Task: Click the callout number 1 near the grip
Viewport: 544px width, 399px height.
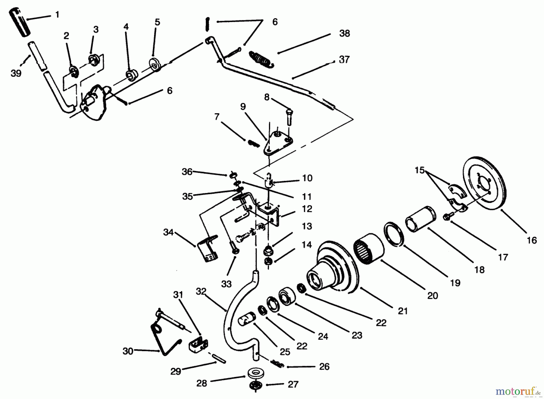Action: pos(57,14)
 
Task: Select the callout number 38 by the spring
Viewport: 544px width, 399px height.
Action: pos(344,33)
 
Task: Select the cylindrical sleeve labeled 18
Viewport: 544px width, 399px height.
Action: pos(421,219)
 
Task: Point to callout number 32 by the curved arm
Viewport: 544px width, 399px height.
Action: pos(201,291)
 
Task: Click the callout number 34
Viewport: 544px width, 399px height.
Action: pos(168,232)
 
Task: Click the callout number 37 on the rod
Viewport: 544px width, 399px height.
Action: pos(344,60)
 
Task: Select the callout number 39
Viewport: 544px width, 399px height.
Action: pos(16,73)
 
